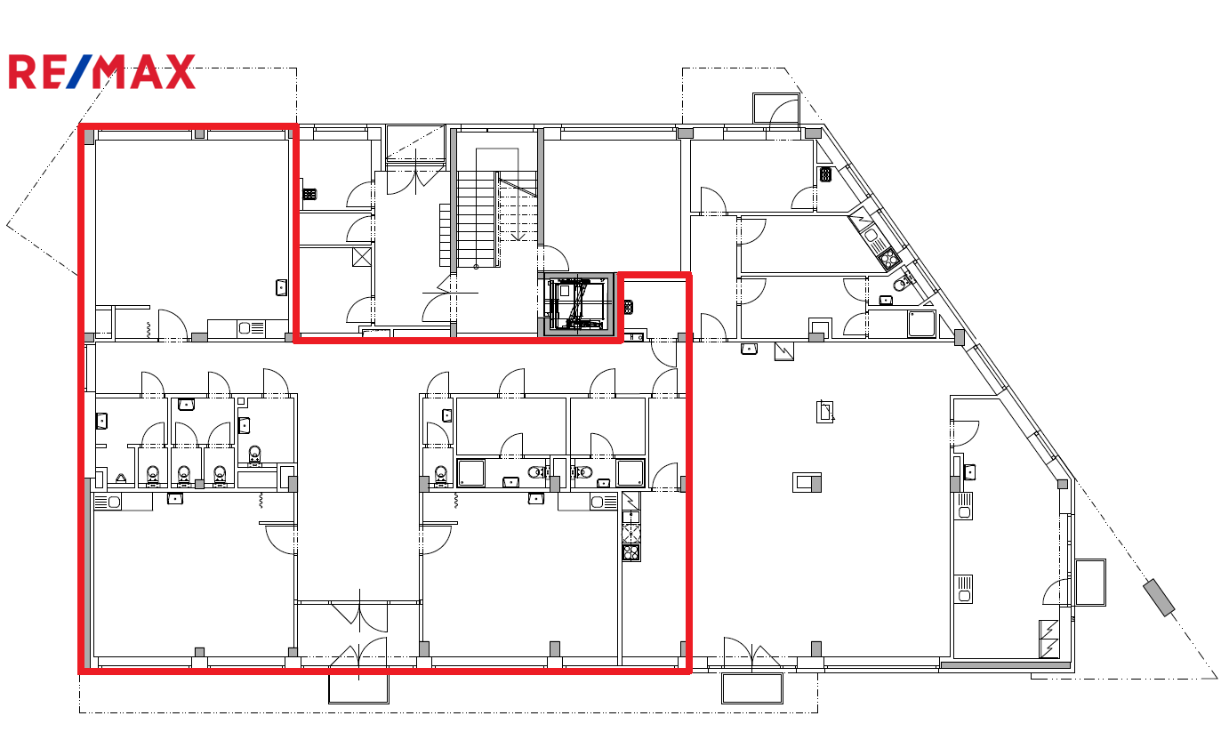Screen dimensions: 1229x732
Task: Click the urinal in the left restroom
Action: [x=121, y=479]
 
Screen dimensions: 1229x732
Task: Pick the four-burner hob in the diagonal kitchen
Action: [x=888, y=258]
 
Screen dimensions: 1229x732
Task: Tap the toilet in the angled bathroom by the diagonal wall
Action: [x=901, y=284]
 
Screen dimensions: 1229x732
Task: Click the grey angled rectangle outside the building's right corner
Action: [x=1159, y=598]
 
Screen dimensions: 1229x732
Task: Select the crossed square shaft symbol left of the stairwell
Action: [x=362, y=257]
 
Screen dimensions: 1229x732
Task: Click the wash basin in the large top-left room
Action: [x=281, y=287]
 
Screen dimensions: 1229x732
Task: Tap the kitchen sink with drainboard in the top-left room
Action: [x=251, y=329]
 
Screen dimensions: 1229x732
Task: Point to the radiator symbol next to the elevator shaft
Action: [x=629, y=307]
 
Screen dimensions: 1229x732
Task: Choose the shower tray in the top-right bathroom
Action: [x=921, y=324]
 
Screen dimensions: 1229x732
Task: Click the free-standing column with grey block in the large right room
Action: [x=807, y=482]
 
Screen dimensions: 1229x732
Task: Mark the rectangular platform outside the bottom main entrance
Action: [x=358, y=689]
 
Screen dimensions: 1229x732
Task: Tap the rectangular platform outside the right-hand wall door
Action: [x=1090, y=583]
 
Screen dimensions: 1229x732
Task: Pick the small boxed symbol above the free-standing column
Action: [x=824, y=412]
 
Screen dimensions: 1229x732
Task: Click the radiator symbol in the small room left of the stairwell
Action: [x=310, y=194]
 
